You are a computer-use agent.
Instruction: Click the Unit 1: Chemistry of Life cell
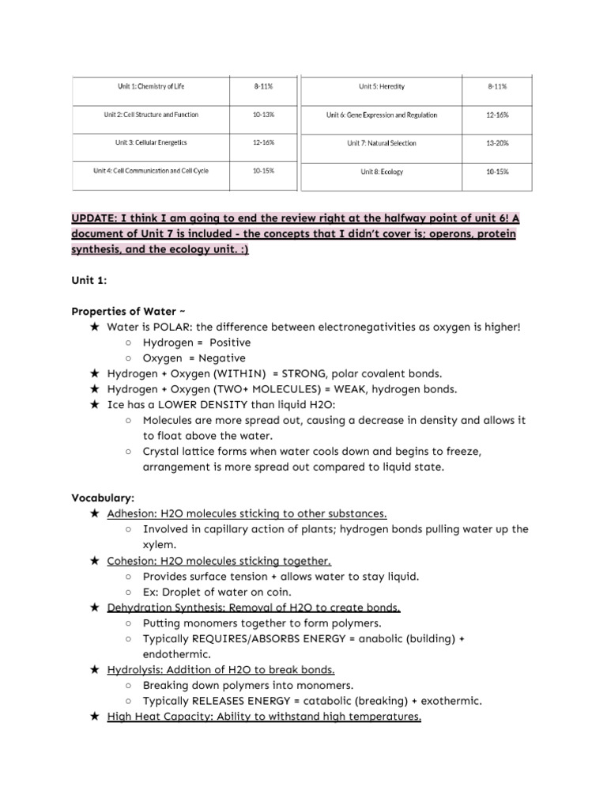point(150,86)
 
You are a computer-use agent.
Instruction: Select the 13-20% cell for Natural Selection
point(497,143)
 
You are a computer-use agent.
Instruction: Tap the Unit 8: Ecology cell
point(381,172)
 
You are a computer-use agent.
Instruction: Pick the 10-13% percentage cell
point(263,115)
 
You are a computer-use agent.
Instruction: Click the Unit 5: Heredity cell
point(381,86)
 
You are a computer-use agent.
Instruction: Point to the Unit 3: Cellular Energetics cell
point(150,143)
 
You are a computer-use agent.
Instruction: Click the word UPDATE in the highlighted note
point(96,219)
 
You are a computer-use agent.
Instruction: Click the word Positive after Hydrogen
point(230,343)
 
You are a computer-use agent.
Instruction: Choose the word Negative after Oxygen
point(221,358)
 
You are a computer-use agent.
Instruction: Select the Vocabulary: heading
point(104,498)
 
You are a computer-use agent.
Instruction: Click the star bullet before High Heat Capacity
point(95,717)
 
